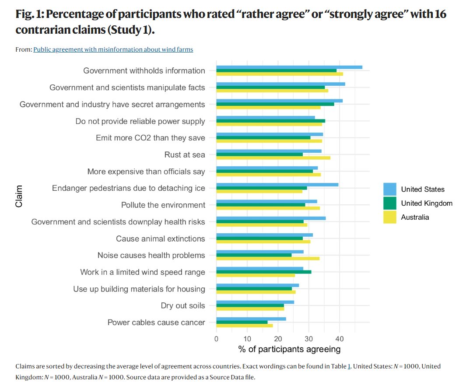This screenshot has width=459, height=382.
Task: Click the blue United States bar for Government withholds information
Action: [x=289, y=67]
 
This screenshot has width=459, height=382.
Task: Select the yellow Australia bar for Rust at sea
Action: [x=273, y=158]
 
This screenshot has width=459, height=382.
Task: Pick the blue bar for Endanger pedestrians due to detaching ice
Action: [x=277, y=184]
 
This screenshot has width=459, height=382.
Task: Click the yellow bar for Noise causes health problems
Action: [x=268, y=259]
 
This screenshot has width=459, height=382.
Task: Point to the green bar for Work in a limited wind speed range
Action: [x=264, y=272]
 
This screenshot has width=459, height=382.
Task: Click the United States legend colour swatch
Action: [x=390, y=189]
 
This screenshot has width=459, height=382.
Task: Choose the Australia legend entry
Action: [x=415, y=217]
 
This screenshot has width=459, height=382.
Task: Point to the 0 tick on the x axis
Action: [x=217, y=338]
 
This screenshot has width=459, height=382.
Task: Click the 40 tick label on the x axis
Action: [x=339, y=338]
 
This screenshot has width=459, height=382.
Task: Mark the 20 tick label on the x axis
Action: [x=278, y=338]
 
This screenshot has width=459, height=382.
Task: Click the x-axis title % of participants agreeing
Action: [x=289, y=349]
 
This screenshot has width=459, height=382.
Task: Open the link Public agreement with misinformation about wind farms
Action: [x=113, y=49]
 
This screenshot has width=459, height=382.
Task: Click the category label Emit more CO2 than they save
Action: [x=150, y=138]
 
